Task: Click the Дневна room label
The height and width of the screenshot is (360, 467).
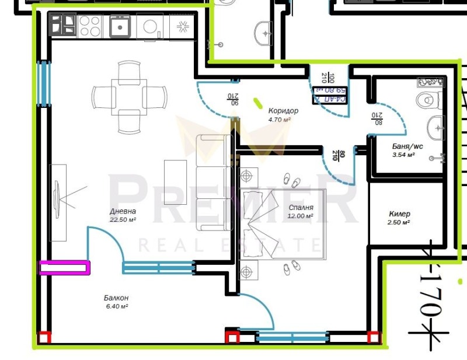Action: (x=123, y=211)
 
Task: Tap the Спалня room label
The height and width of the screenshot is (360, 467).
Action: (x=301, y=208)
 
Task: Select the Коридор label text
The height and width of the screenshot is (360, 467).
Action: (x=283, y=111)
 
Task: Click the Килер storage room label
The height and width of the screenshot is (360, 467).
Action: (x=399, y=214)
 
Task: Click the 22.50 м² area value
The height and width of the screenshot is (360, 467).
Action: (x=123, y=220)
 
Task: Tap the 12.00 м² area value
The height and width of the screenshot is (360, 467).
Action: (x=301, y=216)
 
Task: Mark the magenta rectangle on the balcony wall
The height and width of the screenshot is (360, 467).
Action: (x=65, y=267)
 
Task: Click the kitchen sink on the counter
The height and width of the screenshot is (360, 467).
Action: (x=120, y=26)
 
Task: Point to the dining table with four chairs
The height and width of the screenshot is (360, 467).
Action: (x=129, y=96)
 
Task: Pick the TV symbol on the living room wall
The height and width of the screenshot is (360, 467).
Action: (x=58, y=202)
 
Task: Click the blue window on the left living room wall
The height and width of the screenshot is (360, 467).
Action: (x=43, y=83)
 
